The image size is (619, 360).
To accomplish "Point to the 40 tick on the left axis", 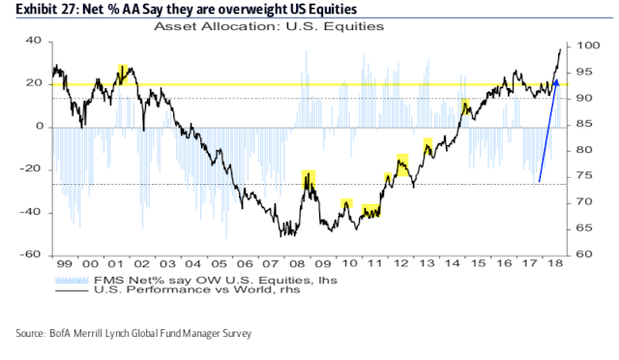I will (33, 42).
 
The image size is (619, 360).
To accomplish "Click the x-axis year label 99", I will (63, 264).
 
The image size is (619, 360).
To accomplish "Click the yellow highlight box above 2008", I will (308, 180).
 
